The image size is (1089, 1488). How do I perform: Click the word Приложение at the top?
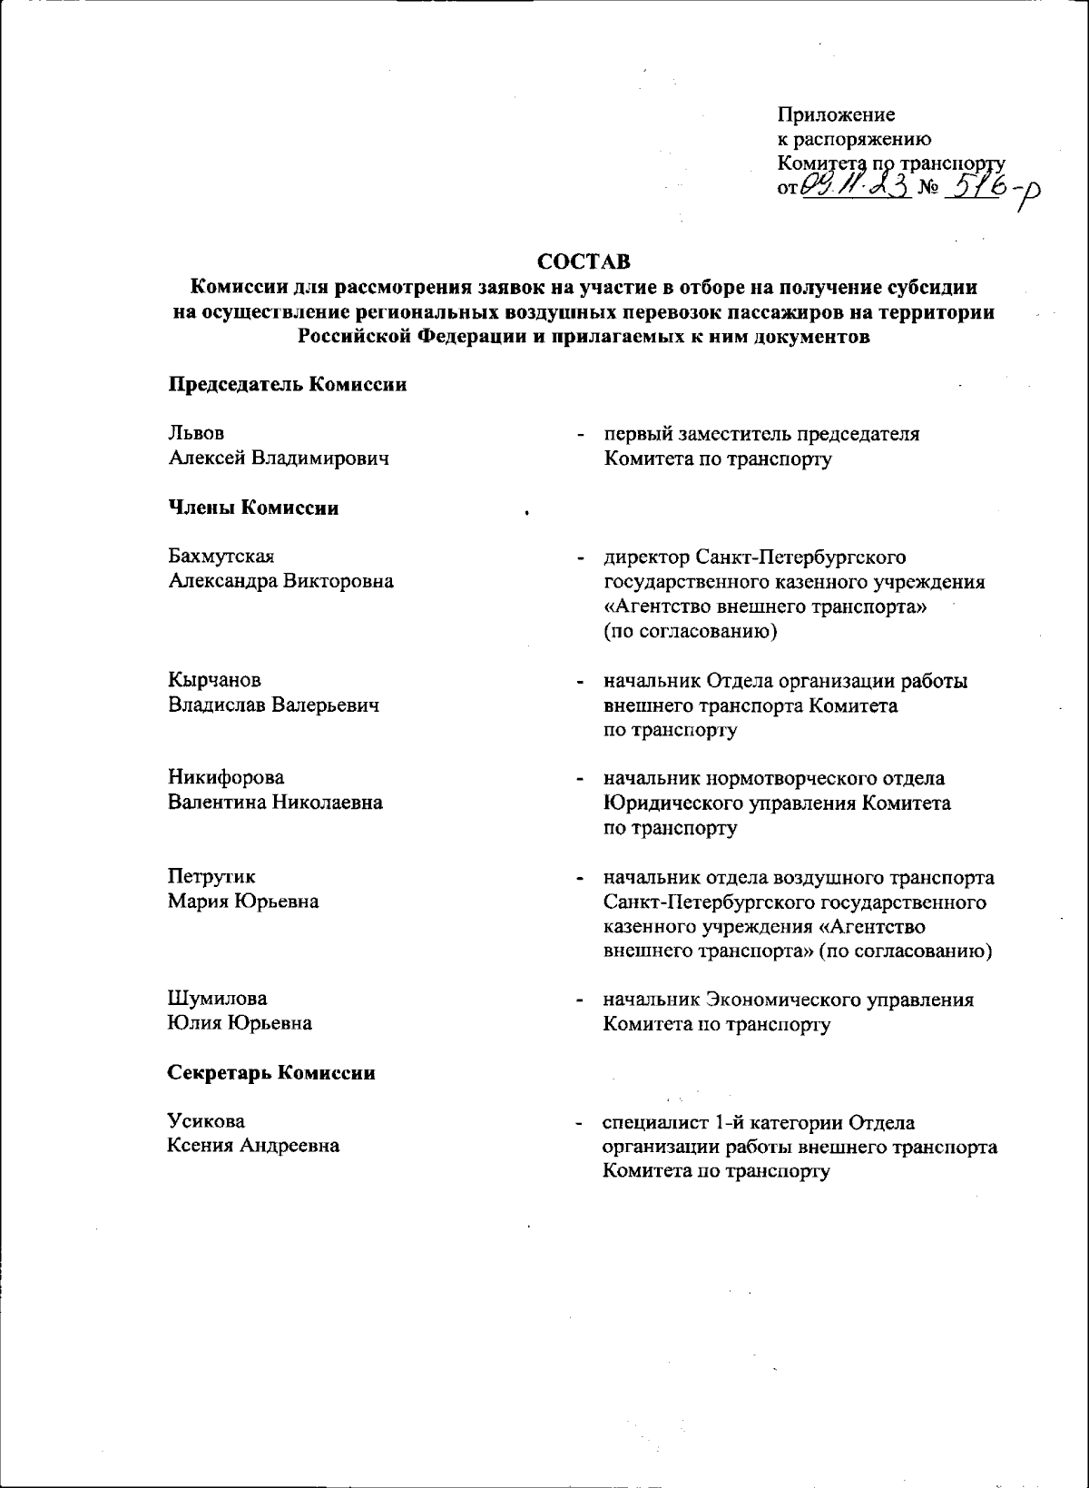[836, 115]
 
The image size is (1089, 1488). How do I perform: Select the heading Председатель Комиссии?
[287, 384]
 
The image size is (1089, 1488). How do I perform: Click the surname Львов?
[197, 434]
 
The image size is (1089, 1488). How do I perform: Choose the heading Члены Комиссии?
[253, 508]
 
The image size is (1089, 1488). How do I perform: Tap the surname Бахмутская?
[221, 557]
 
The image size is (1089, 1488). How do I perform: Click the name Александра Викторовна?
[281, 581]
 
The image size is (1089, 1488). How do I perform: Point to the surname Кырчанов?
[215, 680]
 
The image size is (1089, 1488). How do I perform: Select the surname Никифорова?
[226, 778]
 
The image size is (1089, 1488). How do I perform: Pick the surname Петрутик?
[211, 877]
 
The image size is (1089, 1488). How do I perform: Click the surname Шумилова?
[218, 999]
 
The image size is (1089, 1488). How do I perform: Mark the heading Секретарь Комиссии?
[271, 1073]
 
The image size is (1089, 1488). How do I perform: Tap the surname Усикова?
[206, 1121]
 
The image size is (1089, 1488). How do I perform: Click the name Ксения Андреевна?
[253, 1146]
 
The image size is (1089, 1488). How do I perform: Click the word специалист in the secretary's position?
[655, 1123]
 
